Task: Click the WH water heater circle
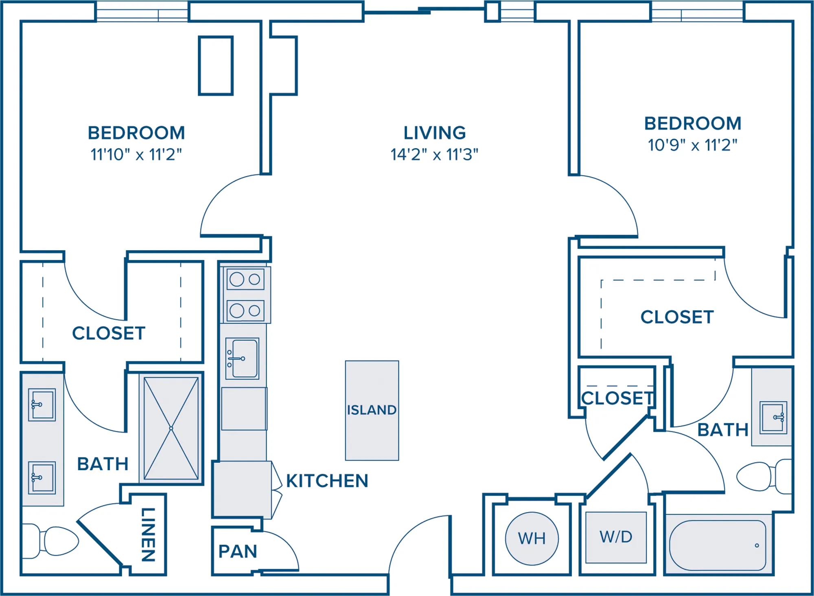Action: [x=532, y=538]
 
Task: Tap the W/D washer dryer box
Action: [x=616, y=537]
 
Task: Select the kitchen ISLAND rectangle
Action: [x=372, y=410]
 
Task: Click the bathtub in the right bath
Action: [x=718, y=545]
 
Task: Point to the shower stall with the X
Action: [x=171, y=428]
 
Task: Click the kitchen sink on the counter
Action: [x=242, y=358]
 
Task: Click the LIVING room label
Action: [x=435, y=133]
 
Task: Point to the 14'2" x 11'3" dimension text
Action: [x=434, y=154]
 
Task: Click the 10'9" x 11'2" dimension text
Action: [x=692, y=145]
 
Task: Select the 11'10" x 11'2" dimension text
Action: [x=136, y=154]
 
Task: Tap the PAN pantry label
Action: [x=238, y=552]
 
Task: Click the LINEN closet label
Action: [x=148, y=534]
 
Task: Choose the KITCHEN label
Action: [x=327, y=481]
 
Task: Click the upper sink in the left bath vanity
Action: [x=42, y=405]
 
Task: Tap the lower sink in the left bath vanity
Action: [x=42, y=477]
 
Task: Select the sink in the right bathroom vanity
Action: [x=773, y=417]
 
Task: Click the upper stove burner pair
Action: [x=245, y=279]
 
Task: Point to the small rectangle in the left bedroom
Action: [x=216, y=66]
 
